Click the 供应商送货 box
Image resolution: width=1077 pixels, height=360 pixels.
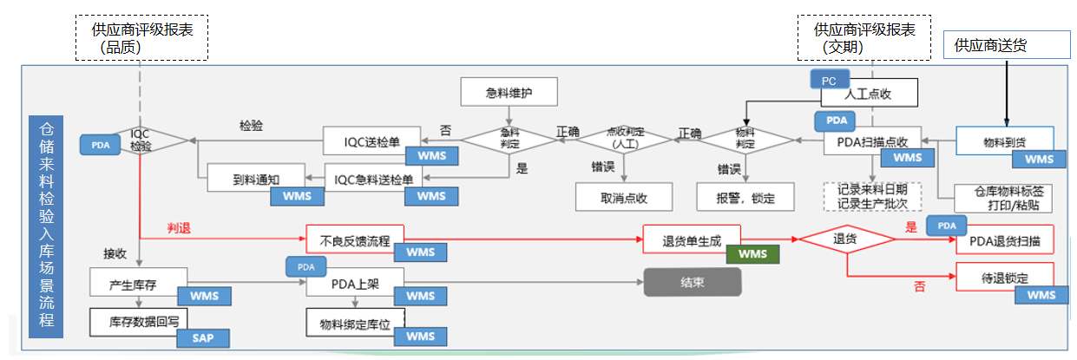[x=1006, y=45]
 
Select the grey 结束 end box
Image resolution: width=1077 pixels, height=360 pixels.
[x=692, y=282]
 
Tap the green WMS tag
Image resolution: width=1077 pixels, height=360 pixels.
[x=752, y=254]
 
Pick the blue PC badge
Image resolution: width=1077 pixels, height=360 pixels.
[x=829, y=81]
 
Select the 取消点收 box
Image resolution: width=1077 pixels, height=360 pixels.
[x=623, y=197]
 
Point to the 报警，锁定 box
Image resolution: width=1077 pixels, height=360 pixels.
[x=745, y=197]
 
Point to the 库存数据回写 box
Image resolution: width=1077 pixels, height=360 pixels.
[x=138, y=321]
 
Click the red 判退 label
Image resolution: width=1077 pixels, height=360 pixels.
[x=179, y=229]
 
